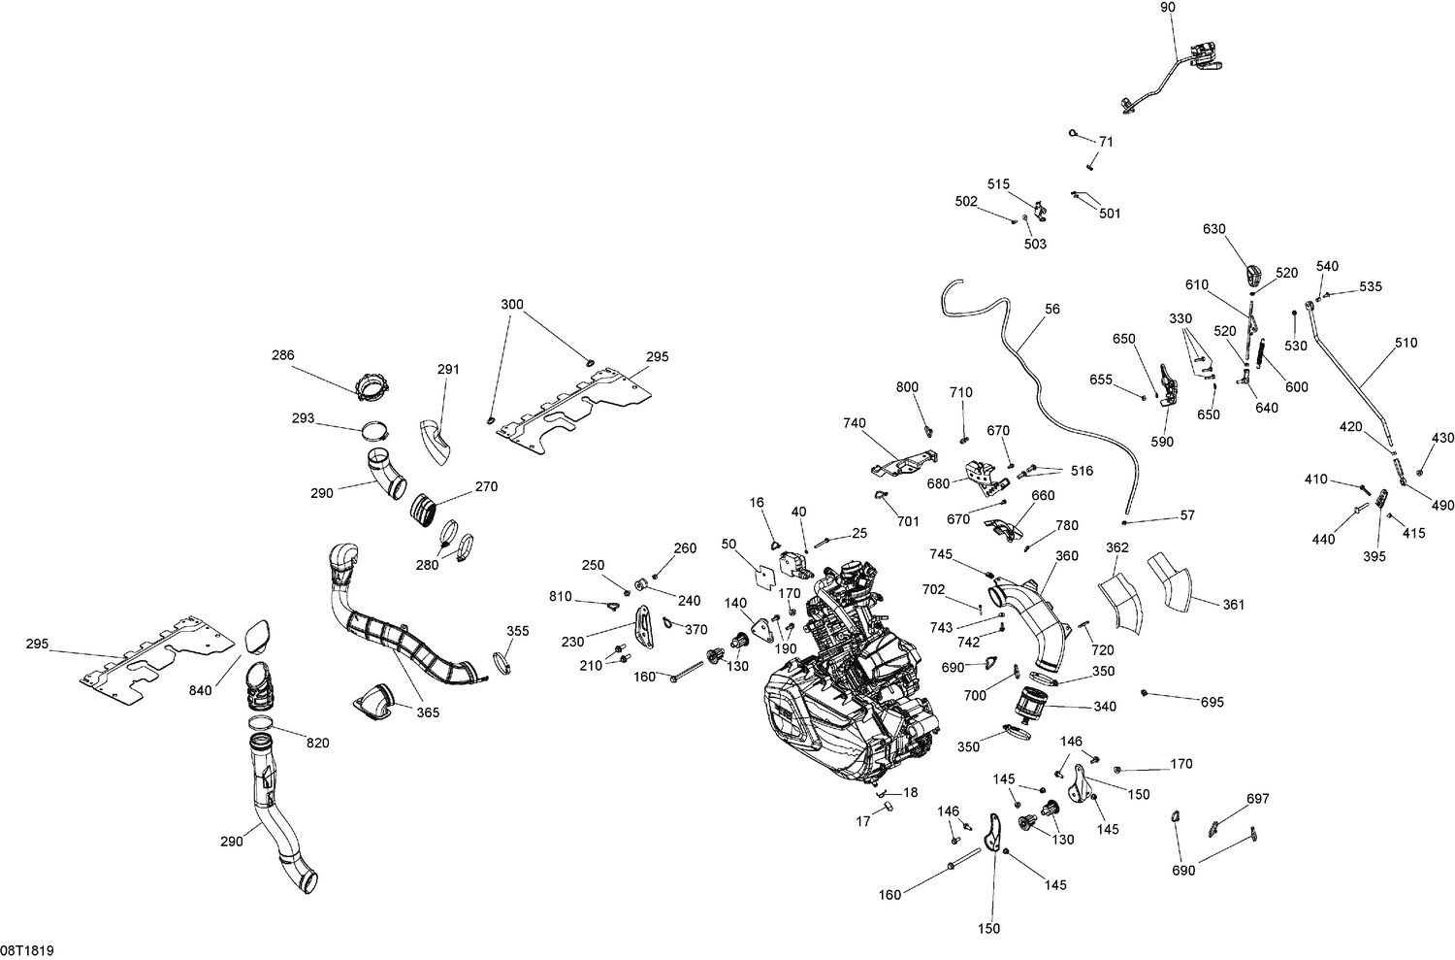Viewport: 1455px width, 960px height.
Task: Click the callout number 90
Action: [1167, 8]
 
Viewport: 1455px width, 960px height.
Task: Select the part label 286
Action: [282, 356]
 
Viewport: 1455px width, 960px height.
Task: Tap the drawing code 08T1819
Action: [27, 950]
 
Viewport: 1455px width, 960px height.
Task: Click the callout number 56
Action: [1052, 310]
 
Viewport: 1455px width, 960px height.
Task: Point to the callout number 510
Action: [1406, 343]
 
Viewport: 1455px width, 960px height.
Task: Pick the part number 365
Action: [428, 712]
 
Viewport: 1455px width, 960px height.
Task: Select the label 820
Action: [317, 744]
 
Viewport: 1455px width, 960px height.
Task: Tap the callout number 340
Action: [1105, 707]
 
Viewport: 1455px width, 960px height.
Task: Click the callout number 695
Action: [1212, 702]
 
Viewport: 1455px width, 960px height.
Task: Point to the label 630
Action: [1214, 230]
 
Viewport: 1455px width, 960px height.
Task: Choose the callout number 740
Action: [855, 423]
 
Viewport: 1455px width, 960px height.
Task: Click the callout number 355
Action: [518, 631]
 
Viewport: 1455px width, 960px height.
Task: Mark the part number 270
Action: [486, 487]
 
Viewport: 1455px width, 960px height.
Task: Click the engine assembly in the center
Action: [844, 679]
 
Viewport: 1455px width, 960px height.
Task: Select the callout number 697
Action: [1257, 799]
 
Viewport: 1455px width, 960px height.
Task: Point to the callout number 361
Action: [1233, 605]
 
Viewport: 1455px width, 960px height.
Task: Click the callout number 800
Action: [907, 387]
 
